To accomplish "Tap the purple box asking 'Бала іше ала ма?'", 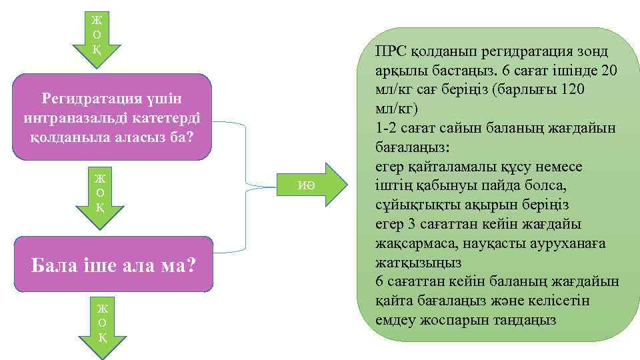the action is click(113, 265).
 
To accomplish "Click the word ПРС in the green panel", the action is click(388, 51).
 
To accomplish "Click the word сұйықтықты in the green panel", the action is click(416, 204).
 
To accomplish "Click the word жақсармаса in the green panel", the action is click(411, 243).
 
